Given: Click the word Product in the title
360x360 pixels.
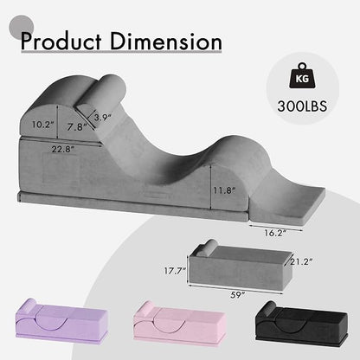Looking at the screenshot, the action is coord(61,42).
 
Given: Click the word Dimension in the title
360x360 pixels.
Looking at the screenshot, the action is coord(165,42).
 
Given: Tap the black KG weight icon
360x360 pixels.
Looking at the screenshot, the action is coord(302,75).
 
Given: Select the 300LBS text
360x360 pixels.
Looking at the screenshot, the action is coord(302,106).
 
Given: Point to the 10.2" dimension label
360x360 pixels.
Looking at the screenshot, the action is coord(43,125).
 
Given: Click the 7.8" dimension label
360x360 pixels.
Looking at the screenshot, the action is coord(77,126).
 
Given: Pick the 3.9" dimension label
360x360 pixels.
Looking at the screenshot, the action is coord(102,118).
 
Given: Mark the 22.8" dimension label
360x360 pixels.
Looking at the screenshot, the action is coord(63,150).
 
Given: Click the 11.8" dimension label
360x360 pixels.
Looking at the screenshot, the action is coord(224,190).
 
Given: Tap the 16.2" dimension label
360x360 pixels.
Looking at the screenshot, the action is coord(274,233).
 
